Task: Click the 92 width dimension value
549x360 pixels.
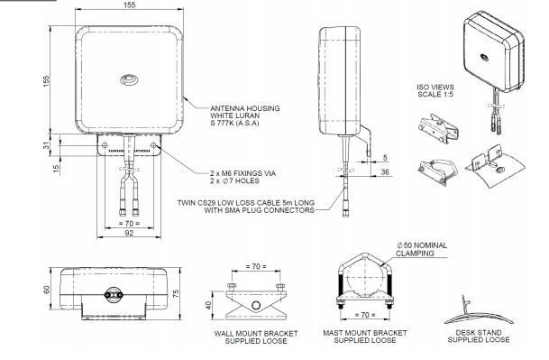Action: point(129,233)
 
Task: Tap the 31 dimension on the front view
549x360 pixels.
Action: point(47,144)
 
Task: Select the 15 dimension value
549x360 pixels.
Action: point(56,169)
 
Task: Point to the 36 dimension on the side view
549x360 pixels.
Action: point(385,171)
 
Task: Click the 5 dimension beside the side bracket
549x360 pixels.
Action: point(385,157)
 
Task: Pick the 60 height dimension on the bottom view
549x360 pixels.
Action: point(47,290)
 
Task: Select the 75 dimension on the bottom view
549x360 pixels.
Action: point(176,293)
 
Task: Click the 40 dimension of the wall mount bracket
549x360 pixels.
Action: point(208,305)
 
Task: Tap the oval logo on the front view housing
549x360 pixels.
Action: point(129,80)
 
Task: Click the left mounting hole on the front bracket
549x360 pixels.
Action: point(105,145)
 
